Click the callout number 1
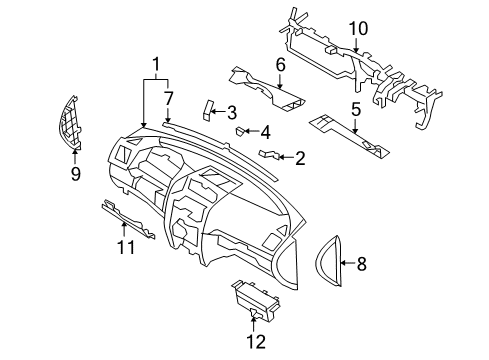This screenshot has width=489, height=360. coord(156,67)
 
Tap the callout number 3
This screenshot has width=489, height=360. coord(231,112)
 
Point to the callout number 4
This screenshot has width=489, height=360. coord(264,131)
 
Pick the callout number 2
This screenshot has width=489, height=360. coord(298,156)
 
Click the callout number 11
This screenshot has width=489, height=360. coord(124,246)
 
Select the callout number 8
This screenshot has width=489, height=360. coord(362,264)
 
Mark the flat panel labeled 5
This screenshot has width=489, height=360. coord(345,135)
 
